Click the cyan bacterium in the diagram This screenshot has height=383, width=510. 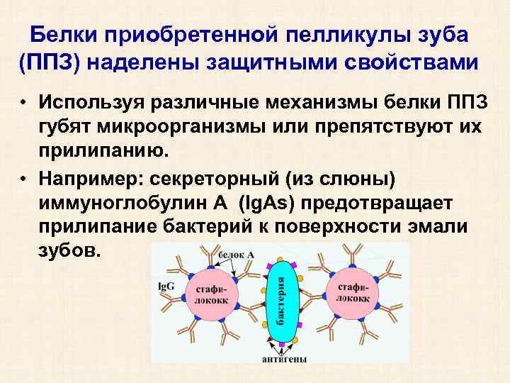[x=282, y=301]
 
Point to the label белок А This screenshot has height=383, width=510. [x=237, y=254]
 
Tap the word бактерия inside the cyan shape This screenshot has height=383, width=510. [x=281, y=301]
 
